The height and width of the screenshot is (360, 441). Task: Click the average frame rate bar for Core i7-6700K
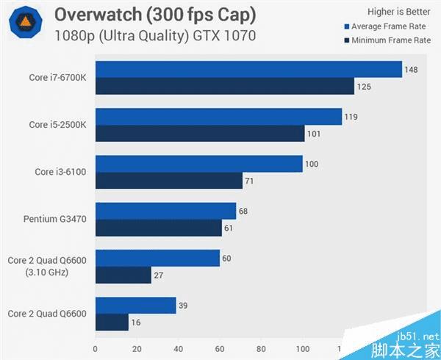[248, 70]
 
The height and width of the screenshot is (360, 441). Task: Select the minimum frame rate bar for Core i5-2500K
[200, 134]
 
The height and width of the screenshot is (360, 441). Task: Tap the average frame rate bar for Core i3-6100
[199, 163]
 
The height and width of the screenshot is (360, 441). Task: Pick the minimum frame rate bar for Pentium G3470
[158, 228]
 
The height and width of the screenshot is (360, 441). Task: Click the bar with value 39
[135, 305]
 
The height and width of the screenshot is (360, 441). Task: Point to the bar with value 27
[123, 275]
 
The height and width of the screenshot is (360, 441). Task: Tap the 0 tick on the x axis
[96, 348]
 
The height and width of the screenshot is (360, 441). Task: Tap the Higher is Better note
[398, 12]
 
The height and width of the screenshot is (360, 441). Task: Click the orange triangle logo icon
[24, 24]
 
